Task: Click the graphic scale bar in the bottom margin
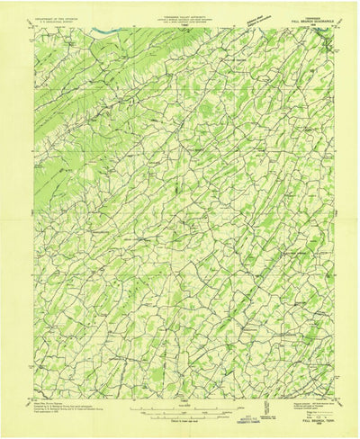[180, 413]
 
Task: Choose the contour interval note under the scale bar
[180, 421]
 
